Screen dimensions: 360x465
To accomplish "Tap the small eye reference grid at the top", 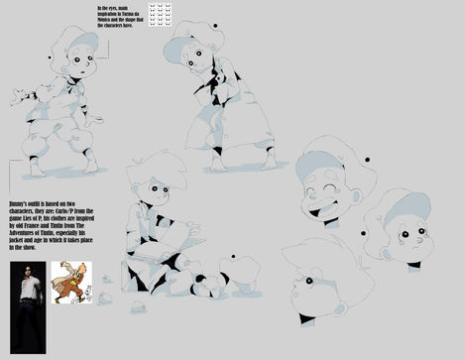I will [160, 14].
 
